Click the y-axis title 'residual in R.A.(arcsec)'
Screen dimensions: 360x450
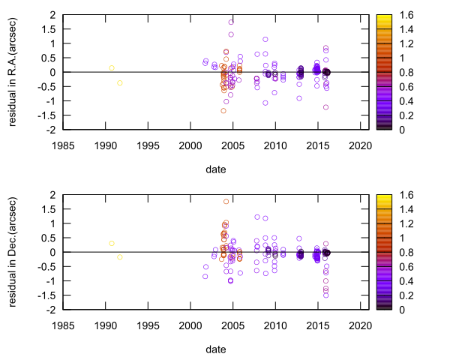point(13,72)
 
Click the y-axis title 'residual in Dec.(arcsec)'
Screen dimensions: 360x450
point(13,252)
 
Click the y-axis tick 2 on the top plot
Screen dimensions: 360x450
point(53,15)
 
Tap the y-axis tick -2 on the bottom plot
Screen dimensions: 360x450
point(50,309)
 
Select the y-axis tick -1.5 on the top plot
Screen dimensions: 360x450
point(46,115)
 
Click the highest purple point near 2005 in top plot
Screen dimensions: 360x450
point(231,22)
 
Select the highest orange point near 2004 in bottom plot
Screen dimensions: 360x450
point(226,201)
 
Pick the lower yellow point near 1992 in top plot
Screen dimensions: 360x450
point(120,82)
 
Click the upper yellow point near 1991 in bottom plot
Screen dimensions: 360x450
point(112,243)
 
